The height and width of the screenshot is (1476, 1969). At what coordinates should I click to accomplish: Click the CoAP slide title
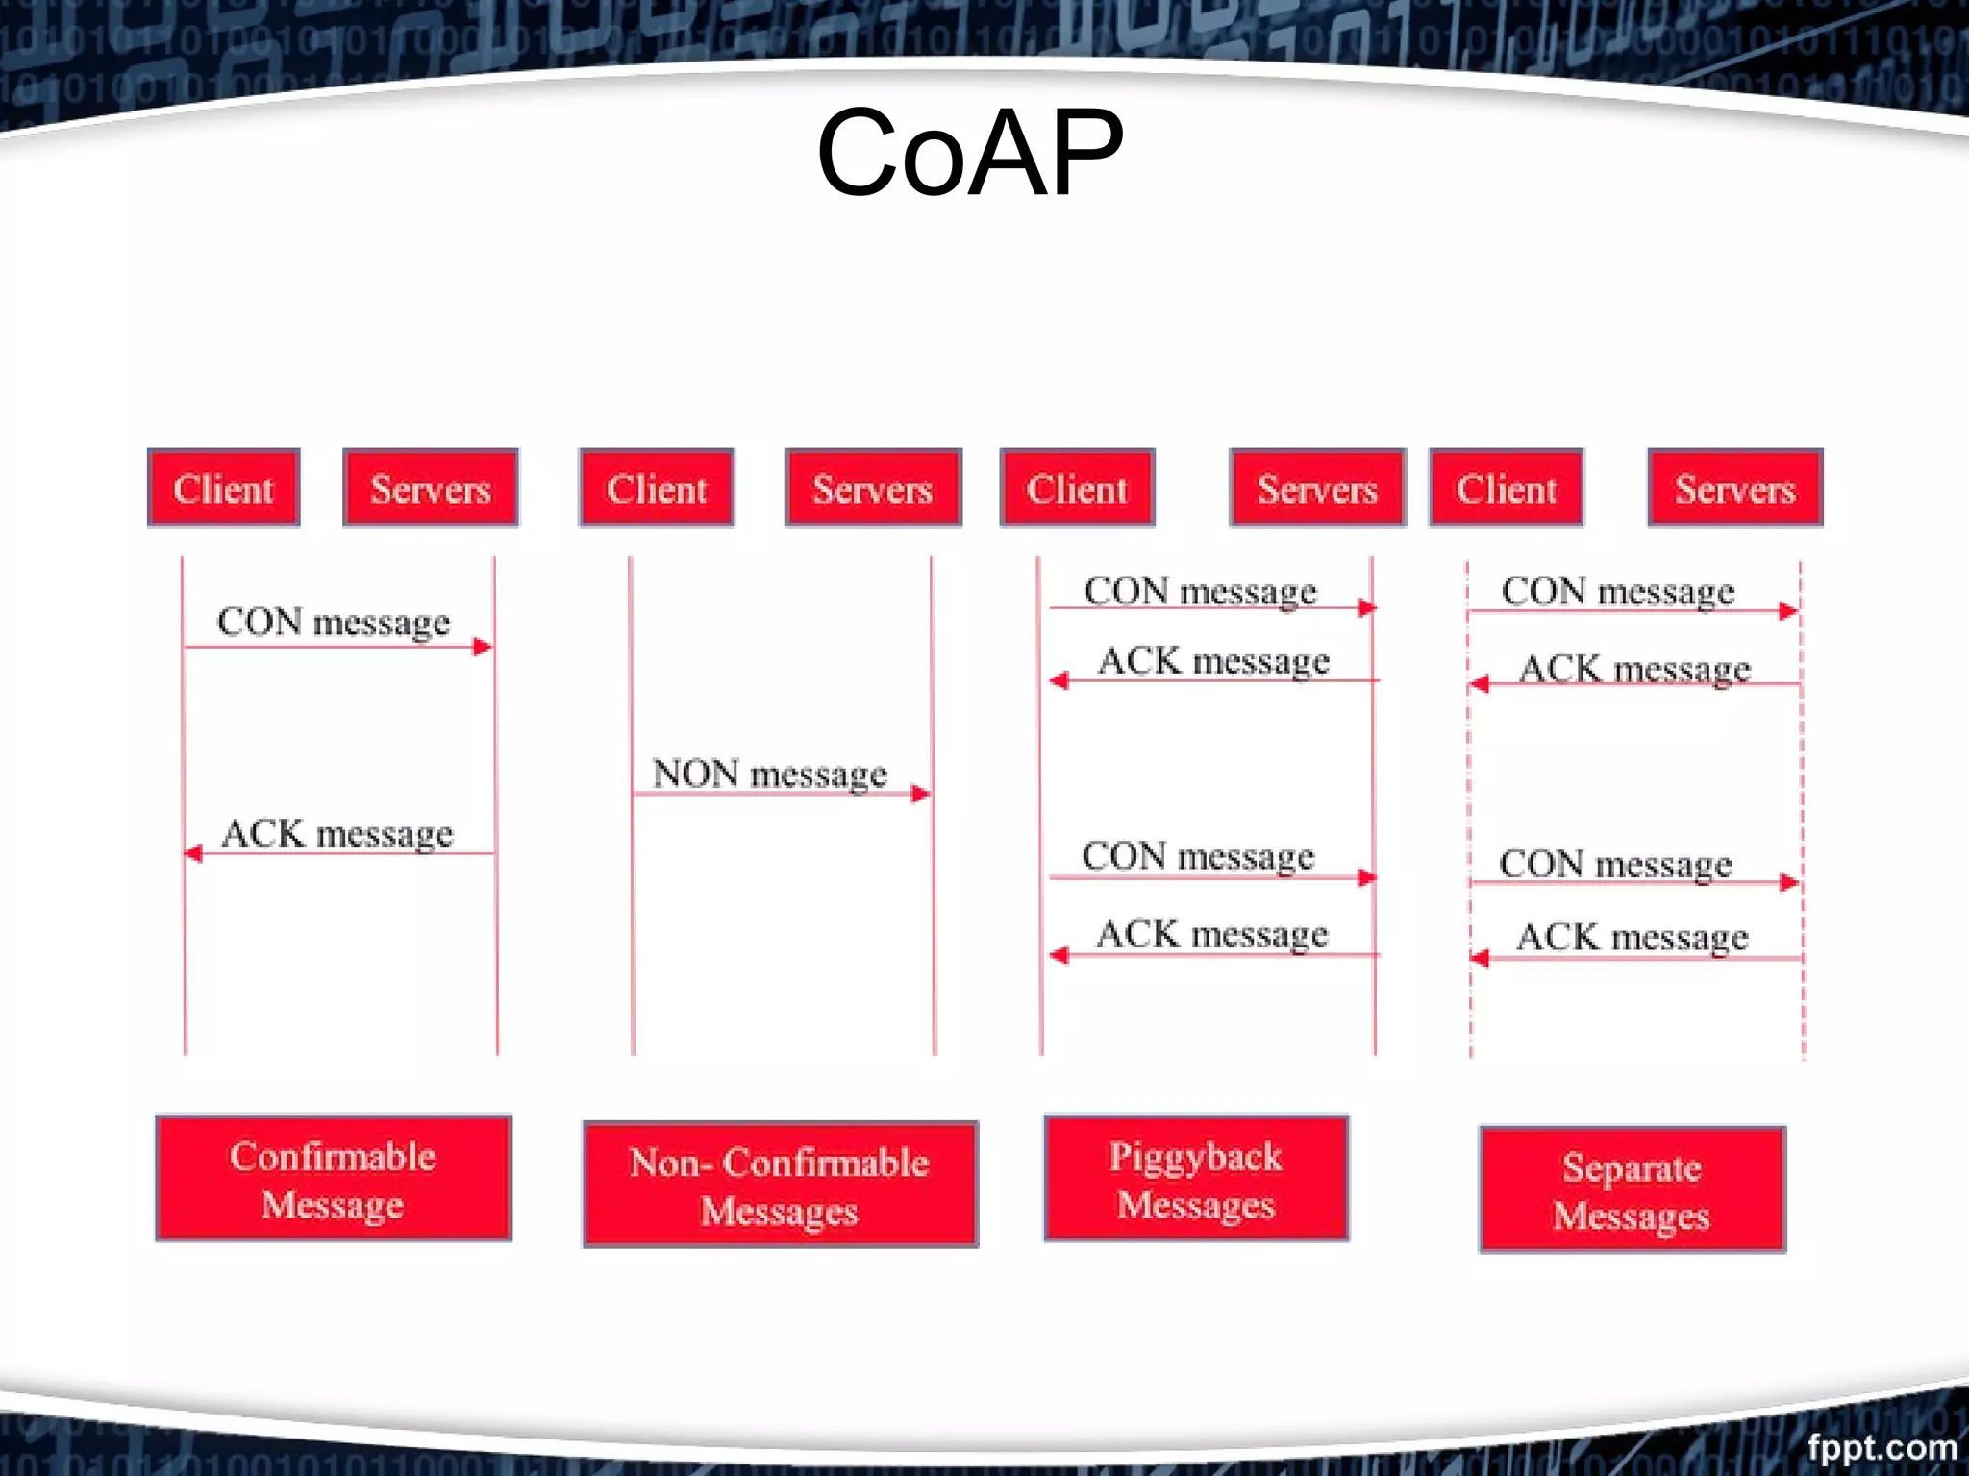[969, 154]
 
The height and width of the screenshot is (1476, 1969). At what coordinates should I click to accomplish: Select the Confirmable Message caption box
[333, 1178]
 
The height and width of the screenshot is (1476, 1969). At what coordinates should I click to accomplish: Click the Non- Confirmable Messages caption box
[780, 1185]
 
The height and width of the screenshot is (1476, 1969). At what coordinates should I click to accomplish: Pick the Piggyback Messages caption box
[1195, 1178]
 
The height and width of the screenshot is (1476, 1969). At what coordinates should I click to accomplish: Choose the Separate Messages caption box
[1632, 1190]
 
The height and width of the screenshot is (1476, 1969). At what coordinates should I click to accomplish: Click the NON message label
[769, 774]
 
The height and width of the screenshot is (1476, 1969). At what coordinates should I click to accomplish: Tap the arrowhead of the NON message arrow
[921, 794]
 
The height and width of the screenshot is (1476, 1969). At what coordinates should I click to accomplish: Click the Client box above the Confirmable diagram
[223, 488]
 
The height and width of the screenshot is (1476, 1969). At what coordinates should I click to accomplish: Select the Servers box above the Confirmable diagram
[430, 488]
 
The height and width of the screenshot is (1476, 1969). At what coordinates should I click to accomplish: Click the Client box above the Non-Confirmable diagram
[656, 488]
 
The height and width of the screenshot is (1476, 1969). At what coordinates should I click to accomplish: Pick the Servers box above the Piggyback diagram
[1317, 488]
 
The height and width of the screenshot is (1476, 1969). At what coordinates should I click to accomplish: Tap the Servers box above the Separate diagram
[1734, 488]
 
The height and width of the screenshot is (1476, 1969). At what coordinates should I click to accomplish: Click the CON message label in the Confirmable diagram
[333, 622]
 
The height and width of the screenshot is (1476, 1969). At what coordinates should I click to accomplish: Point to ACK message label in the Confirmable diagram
[336, 833]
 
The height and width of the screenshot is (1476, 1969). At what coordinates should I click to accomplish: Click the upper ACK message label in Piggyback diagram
[1213, 661]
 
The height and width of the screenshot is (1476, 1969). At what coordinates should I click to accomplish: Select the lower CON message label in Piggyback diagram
[1198, 856]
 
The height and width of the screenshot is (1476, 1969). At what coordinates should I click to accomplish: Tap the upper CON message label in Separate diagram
[1617, 591]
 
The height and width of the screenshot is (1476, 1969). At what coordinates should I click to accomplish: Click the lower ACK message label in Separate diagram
[1632, 937]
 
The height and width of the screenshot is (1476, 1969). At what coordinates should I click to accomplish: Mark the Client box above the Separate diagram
[1506, 488]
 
